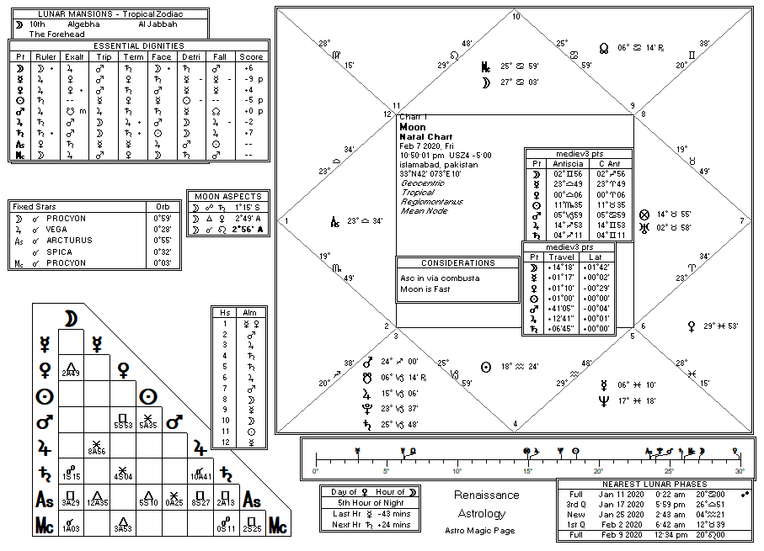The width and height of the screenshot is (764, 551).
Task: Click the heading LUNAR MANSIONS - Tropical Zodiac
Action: point(110,14)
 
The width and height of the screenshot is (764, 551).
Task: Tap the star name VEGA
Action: point(58,229)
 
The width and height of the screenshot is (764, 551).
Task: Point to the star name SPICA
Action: point(59,252)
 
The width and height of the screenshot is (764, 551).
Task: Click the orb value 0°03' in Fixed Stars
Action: point(163,263)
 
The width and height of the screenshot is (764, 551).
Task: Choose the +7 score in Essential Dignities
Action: point(248,133)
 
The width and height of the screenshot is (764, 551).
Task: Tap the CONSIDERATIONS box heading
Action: point(458,263)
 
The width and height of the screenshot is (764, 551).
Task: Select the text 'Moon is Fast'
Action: point(425,289)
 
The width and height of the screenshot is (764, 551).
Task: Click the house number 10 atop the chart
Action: point(516,16)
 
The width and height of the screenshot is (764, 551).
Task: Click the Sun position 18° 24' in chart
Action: point(522,368)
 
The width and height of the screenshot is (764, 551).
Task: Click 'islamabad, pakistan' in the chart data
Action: point(438,165)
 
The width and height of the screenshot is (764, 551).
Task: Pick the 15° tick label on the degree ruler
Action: point(527,471)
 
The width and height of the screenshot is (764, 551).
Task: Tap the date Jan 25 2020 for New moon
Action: point(620,514)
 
